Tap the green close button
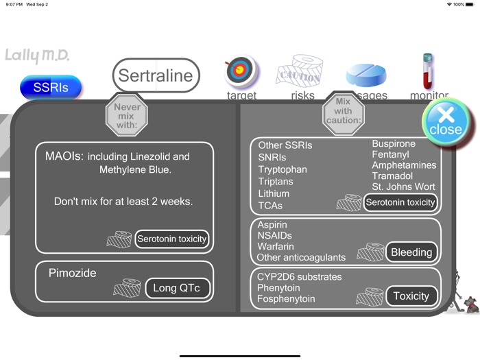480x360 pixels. click(x=446, y=121)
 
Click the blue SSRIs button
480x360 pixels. click(x=51, y=88)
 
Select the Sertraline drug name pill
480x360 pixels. click(x=156, y=75)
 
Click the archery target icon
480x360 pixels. click(x=240, y=71)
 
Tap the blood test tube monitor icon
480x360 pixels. click(x=428, y=71)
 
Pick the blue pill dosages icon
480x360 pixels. click(x=366, y=75)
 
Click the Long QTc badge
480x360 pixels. click(x=176, y=288)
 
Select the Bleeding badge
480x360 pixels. click(x=411, y=252)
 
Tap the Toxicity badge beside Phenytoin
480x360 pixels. click(x=411, y=296)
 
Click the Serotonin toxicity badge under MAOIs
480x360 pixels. click(x=171, y=239)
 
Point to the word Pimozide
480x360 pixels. click(x=72, y=273)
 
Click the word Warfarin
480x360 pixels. click(x=276, y=247)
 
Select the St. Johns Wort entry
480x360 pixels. click(x=403, y=187)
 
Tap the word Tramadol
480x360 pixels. click(x=394, y=176)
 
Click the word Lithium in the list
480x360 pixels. click(x=274, y=194)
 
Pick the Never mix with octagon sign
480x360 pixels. click(x=127, y=116)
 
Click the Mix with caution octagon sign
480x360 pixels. click(x=343, y=111)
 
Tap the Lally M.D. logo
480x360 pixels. click(x=37, y=56)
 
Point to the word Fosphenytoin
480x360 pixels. click(x=286, y=299)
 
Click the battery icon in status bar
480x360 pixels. click(x=470, y=5)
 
